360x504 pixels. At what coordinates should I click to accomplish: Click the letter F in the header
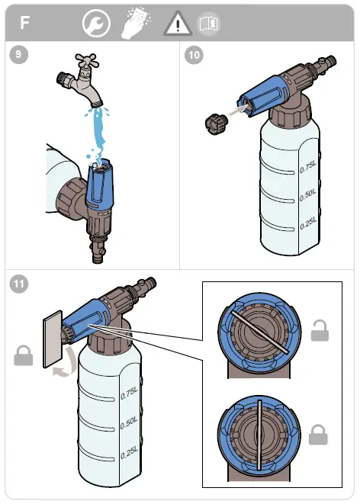click(24, 23)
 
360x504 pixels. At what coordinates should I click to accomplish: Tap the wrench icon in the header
click(96, 23)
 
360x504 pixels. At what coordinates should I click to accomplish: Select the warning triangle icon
click(178, 23)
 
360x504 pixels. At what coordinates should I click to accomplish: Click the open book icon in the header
click(209, 24)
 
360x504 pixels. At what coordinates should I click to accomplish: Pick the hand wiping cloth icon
click(137, 23)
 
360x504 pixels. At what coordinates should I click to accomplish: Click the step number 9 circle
click(18, 55)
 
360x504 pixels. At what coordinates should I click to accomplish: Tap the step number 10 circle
click(194, 55)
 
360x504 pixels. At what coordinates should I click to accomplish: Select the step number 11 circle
click(18, 284)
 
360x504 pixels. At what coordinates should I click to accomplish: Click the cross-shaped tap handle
click(87, 60)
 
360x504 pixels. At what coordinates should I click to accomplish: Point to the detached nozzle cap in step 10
click(216, 123)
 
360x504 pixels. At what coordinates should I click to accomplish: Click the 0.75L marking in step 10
click(308, 167)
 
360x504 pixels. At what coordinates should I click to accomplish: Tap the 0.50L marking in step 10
click(308, 195)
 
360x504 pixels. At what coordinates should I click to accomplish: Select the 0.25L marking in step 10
click(308, 223)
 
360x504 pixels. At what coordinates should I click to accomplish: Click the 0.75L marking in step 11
click(129, 393)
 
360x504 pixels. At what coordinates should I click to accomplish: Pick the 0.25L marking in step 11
click(129, 453)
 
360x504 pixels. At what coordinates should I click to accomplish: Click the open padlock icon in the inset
click(320, 330)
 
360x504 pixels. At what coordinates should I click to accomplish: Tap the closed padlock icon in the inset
click(318, 435)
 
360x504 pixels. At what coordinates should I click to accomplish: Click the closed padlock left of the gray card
click(24, 355)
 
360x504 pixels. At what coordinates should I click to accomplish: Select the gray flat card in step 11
click(53, 339)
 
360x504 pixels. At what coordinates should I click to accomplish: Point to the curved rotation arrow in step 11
click(69, 363)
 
